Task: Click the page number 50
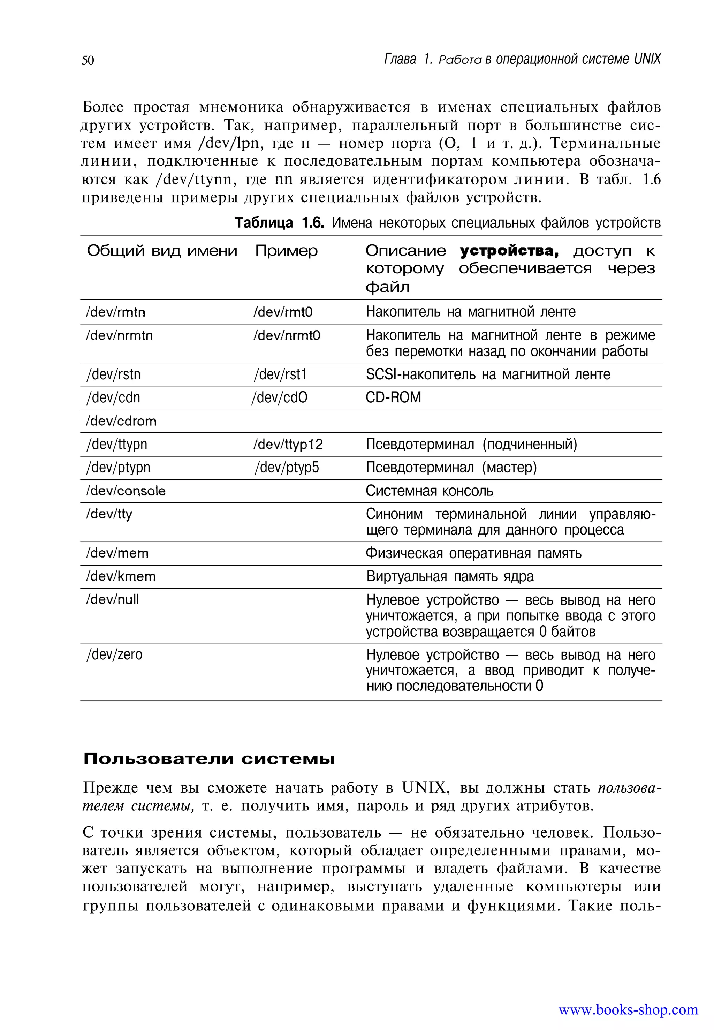pos(88,60)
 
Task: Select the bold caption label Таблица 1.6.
pos(279,223)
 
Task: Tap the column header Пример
pos(286,251)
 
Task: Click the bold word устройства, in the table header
pos(510,251)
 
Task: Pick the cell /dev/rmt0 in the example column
pos(283,312)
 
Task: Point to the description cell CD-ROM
pos(393,398)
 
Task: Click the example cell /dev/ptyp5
pos(287,468)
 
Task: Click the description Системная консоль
pos(429,491)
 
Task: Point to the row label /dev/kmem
pos(121,577)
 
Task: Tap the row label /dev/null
pos(112,600)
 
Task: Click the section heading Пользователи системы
pos(209,759)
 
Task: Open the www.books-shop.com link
pos(628,1009)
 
